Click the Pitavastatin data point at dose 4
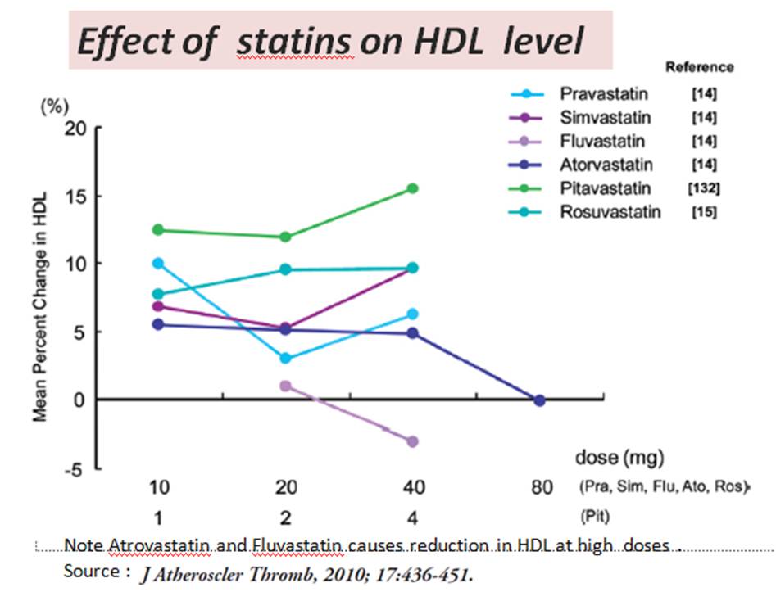(413, 188)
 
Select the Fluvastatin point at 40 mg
(413, 441)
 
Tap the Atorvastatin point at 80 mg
(539, 400)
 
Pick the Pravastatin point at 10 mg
(157, 263)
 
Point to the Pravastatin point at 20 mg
(284, 359)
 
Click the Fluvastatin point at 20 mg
(284, 386)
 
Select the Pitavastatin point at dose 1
(157, 229)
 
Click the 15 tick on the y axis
(77, 197)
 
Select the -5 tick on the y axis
(75, 469)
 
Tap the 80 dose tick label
(540, 489)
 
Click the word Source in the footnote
(93, 572)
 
